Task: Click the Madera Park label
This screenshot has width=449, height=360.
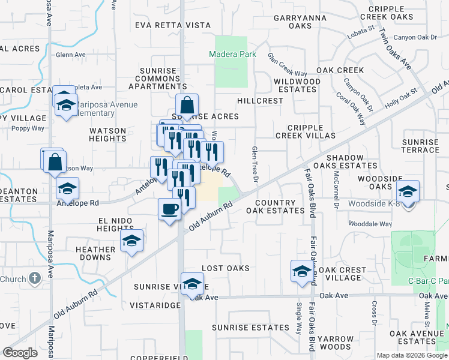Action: point(232,55)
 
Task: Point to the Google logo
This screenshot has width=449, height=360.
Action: point(20,353)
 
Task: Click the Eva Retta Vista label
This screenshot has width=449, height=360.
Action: point(173,25)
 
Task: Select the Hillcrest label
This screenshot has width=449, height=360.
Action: point(259,101)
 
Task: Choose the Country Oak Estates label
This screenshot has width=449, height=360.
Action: point(279,207)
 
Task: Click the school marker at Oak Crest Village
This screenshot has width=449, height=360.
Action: point(301,272)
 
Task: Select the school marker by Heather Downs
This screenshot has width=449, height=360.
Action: point(131,242)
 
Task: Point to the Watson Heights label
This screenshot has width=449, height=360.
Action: point(108,134)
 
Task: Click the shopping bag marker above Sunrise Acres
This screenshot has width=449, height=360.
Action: point(187,106)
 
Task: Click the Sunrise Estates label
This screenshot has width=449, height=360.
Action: point(250,328)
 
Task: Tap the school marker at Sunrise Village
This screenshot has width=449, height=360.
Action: point(192,284)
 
